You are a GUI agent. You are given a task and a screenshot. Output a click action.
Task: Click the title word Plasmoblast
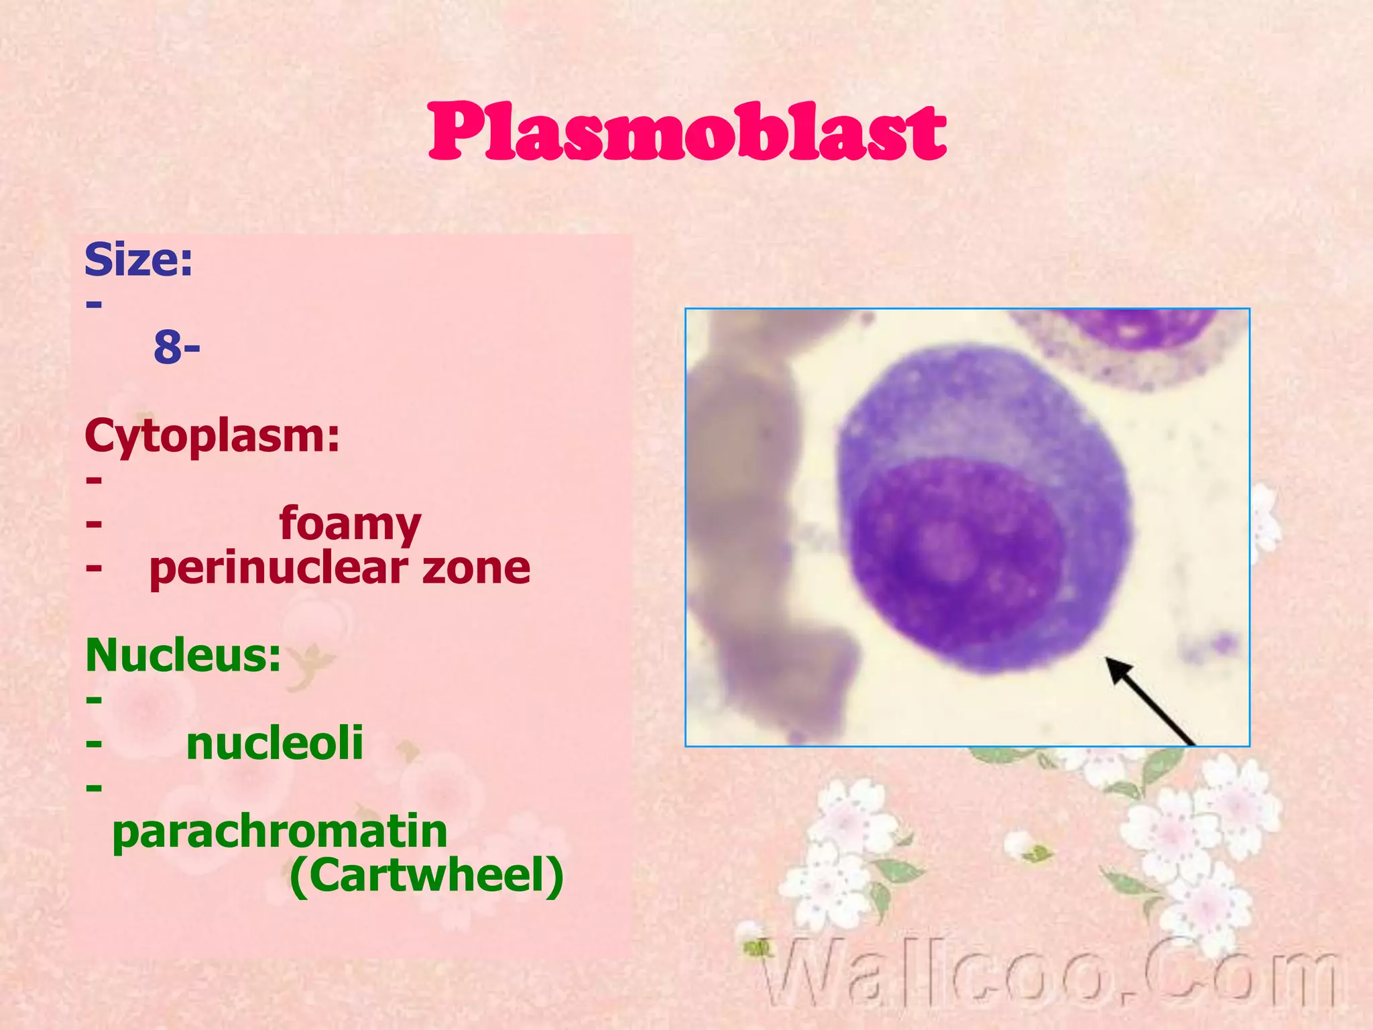pyautogui.click(x=686, y=132)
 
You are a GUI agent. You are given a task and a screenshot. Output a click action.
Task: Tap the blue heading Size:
pyautogui.click(x=138, y=260)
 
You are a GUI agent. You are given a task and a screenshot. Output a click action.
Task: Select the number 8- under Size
pyautogui.click(x=176, y=347)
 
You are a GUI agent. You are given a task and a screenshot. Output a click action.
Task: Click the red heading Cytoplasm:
pyautogui.click(x=212, y=436)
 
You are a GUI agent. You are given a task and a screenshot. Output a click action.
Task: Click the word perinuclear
pyautogui.click(x=278, y=569)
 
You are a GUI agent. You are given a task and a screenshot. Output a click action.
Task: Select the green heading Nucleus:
pyautogui.click(x=183, y=655)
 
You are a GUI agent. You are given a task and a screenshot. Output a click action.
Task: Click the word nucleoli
pyautogui.click(x=275, y=743)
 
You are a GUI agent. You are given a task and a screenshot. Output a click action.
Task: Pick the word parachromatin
pyautogui.click(x=280, y=832)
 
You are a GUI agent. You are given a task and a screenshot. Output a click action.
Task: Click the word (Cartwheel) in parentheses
pyautogui.click(x=426, y=876)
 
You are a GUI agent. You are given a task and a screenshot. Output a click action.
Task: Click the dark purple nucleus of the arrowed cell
pyautogui.click(x=959, y=563)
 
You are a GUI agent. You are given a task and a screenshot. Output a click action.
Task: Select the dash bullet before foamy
pyautogui.click(x=94, y=524)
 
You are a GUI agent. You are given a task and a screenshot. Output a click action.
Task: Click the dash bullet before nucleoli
pyautogui.click(x=94, y=744)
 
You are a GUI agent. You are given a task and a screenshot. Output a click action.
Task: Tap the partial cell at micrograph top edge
pyautogui.click(x=1133, y=342)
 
